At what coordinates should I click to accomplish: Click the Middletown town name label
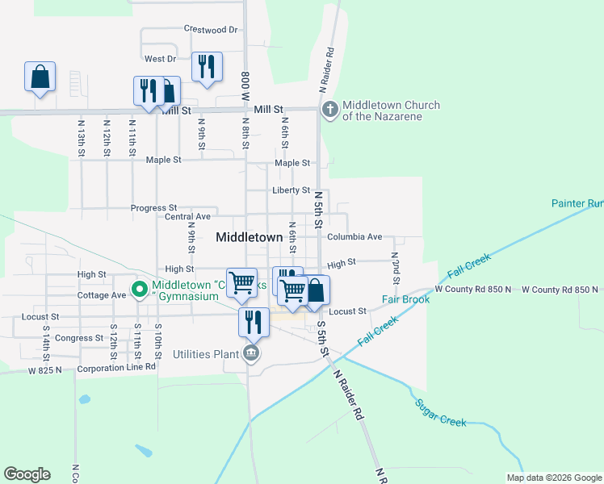pyautogui.click(x=250, y=238)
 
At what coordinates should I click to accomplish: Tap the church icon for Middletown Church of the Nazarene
pyautogui.click(x=329, y=109)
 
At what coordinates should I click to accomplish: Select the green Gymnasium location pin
pyautogui.click(x=139, y=288)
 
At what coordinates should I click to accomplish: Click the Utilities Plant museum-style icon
pyautogui.click(x=251, y=353)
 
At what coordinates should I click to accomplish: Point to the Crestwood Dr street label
pyautogui.click(x=211, y=29)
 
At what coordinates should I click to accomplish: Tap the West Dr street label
pyautogui.click(x=160, y=59)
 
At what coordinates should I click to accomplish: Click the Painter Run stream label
pyautogui.click(x=577, y=204)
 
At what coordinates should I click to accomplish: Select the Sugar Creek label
pyautogui.click(x=441, y=413)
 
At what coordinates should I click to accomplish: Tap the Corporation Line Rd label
pyautogui.click(x=116, y=367)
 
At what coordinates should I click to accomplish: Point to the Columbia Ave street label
pyautogui.click(x=354, y=237)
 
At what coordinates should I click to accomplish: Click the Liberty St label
pyautogui.click(x=292, y=190)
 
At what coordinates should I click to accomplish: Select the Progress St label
pyautogui.click(x=153, y=208)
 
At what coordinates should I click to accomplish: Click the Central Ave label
pyautogui.click(x=187, y=216)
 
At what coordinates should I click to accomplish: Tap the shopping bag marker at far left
pyautogui.click(x=40, y=77)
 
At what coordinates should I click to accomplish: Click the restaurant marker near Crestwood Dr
pyautogui.click(x=208, y=68)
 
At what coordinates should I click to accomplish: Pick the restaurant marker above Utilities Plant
pyautogui.click(x=254, y=322)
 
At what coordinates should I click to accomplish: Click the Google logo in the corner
pyautogui.click(x=27, y=474)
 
